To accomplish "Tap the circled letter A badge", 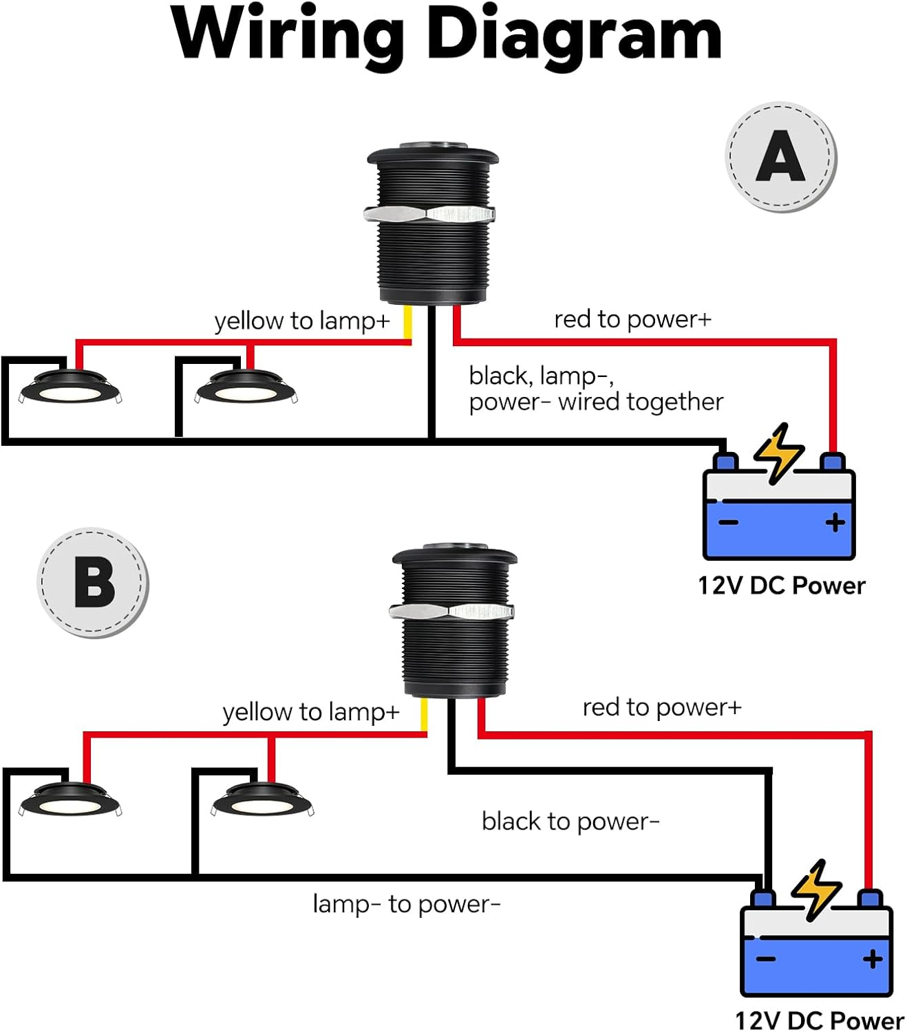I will coord(781,157).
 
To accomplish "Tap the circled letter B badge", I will coord(93,583).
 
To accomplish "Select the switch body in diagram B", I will coord(453,654).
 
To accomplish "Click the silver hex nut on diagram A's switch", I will coord(429,214).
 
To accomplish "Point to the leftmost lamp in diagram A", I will coord(71,388).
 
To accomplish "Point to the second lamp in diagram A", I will coord(246,388).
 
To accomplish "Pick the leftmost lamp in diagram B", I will coord(70,801).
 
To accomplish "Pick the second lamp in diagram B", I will coord(262,799).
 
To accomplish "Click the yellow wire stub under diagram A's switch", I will coord(407,322).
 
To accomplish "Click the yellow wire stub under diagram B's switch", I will coord(424,715).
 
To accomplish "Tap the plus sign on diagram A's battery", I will coord(835,523).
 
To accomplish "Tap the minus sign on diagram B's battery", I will coord(766,959).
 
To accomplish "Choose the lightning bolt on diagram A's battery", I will coord(779,451).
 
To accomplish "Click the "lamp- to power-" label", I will coord(406,904).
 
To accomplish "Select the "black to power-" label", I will coord(570,821).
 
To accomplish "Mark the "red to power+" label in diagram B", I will coord(662,707).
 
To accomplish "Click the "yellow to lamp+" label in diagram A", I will coord(302,321).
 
